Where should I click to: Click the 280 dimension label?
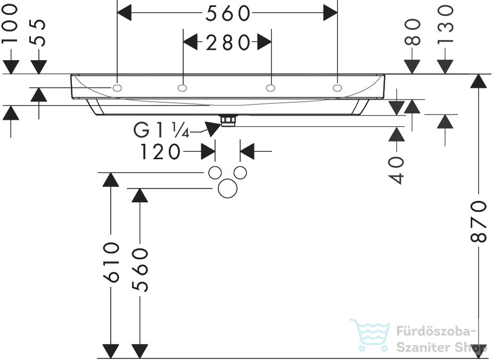(x=228, y=43)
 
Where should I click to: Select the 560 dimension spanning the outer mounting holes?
(x=228, y=13)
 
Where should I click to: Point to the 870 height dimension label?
(x=479, y=222)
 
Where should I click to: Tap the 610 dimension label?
(x=111, y=263)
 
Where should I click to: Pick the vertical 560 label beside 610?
(x=140, y=270)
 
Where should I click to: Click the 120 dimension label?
(x=160, y=152)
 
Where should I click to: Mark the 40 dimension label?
(x=396, y=170)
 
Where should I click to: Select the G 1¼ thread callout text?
(x=161, y=130)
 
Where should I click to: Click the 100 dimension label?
(x=10, y=23)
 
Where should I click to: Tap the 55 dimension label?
(x=38, y=32)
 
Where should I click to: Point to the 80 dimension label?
(x=412, y=32)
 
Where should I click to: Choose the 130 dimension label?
(x=445, y=24)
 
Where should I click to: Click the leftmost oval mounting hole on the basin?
(x=117, y=88)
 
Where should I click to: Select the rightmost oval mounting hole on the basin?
(x=337, y=88)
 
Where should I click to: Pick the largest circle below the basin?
(x=228, y=189)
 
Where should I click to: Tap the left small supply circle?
(x=215, y=173)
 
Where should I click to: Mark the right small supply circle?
(x=240, y=173)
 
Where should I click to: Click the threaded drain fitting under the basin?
(x=228, y=121)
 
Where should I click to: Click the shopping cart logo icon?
(x=370, y=335)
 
